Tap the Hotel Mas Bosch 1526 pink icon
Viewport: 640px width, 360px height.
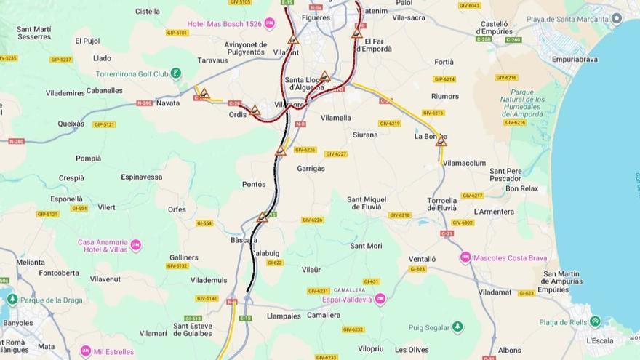click(x=270, y=24)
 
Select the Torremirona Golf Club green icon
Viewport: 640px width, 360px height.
click(x=176, y=73)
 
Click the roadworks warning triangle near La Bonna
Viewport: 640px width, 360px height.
click(x=441, y=141)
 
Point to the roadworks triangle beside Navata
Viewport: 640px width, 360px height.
click(x=204, y=93)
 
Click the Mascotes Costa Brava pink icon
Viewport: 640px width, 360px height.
click(x=465, y=257)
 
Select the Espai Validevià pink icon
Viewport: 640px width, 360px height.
click(x=380, y=299)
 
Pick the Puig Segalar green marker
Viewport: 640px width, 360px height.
click(x=457, y=327)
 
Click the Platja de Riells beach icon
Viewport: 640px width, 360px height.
click(x=596, y=321)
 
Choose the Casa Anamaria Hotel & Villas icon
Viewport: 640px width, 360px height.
click(x=136, y=246)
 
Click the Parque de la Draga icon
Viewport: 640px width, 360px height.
click(x=12, y=300)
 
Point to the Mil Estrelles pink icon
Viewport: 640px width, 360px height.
click(x=86, y=351)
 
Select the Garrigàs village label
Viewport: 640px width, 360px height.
click(x=311, y=168)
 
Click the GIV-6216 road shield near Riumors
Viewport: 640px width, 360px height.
click(x=506, y=77)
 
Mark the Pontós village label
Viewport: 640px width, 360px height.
click(x=254, y=184)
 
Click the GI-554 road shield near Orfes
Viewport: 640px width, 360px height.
click(x=204, y=223)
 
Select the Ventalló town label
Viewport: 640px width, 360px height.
click(x=422, y=258)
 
